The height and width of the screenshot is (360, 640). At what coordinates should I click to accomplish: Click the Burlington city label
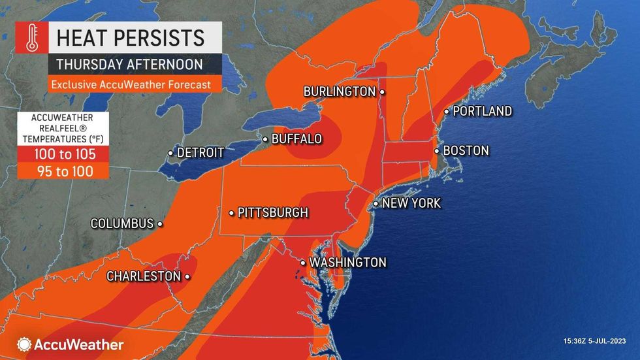340,92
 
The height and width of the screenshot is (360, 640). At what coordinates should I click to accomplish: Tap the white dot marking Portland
447,112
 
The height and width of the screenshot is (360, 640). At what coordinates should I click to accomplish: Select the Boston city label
466,151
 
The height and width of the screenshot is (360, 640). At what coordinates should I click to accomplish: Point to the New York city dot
376,204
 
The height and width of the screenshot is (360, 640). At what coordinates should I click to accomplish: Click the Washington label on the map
347,263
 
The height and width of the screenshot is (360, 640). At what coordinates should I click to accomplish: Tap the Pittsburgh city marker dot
231,213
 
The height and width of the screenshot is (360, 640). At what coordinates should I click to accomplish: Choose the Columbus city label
121,223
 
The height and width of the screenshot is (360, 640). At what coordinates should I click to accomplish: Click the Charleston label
143,276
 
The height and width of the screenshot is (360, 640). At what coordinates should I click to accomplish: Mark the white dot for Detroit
170,153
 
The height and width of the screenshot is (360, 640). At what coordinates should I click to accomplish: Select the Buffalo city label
296,139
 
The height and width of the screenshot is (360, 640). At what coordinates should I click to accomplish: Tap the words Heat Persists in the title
131,37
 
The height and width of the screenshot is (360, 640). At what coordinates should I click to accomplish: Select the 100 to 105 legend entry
63,155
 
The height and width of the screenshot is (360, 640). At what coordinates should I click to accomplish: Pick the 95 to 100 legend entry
63,171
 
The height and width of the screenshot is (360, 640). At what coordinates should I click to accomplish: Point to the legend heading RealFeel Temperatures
63,128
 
